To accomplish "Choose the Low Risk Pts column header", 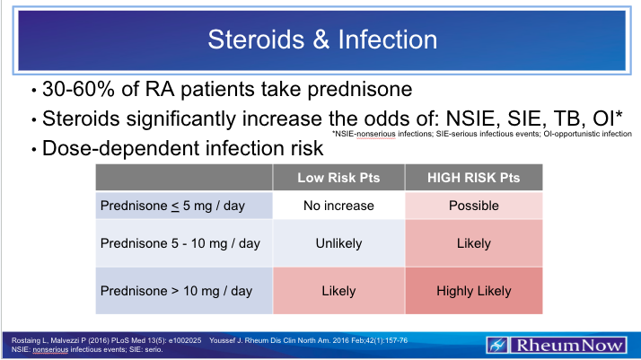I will [x=338, y=178].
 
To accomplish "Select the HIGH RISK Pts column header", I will [x=473, y=178].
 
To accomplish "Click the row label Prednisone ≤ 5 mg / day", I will [x=171, y=206].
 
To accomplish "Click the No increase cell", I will [x=338, y=206].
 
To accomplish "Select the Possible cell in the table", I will [x=473, y=206].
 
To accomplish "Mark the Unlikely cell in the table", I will [x=338, y=242].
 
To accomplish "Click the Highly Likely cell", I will [x=473, y=291].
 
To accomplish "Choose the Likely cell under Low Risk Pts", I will [x=338, y=291].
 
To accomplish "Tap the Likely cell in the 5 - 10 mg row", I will [x=473, y=242].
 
